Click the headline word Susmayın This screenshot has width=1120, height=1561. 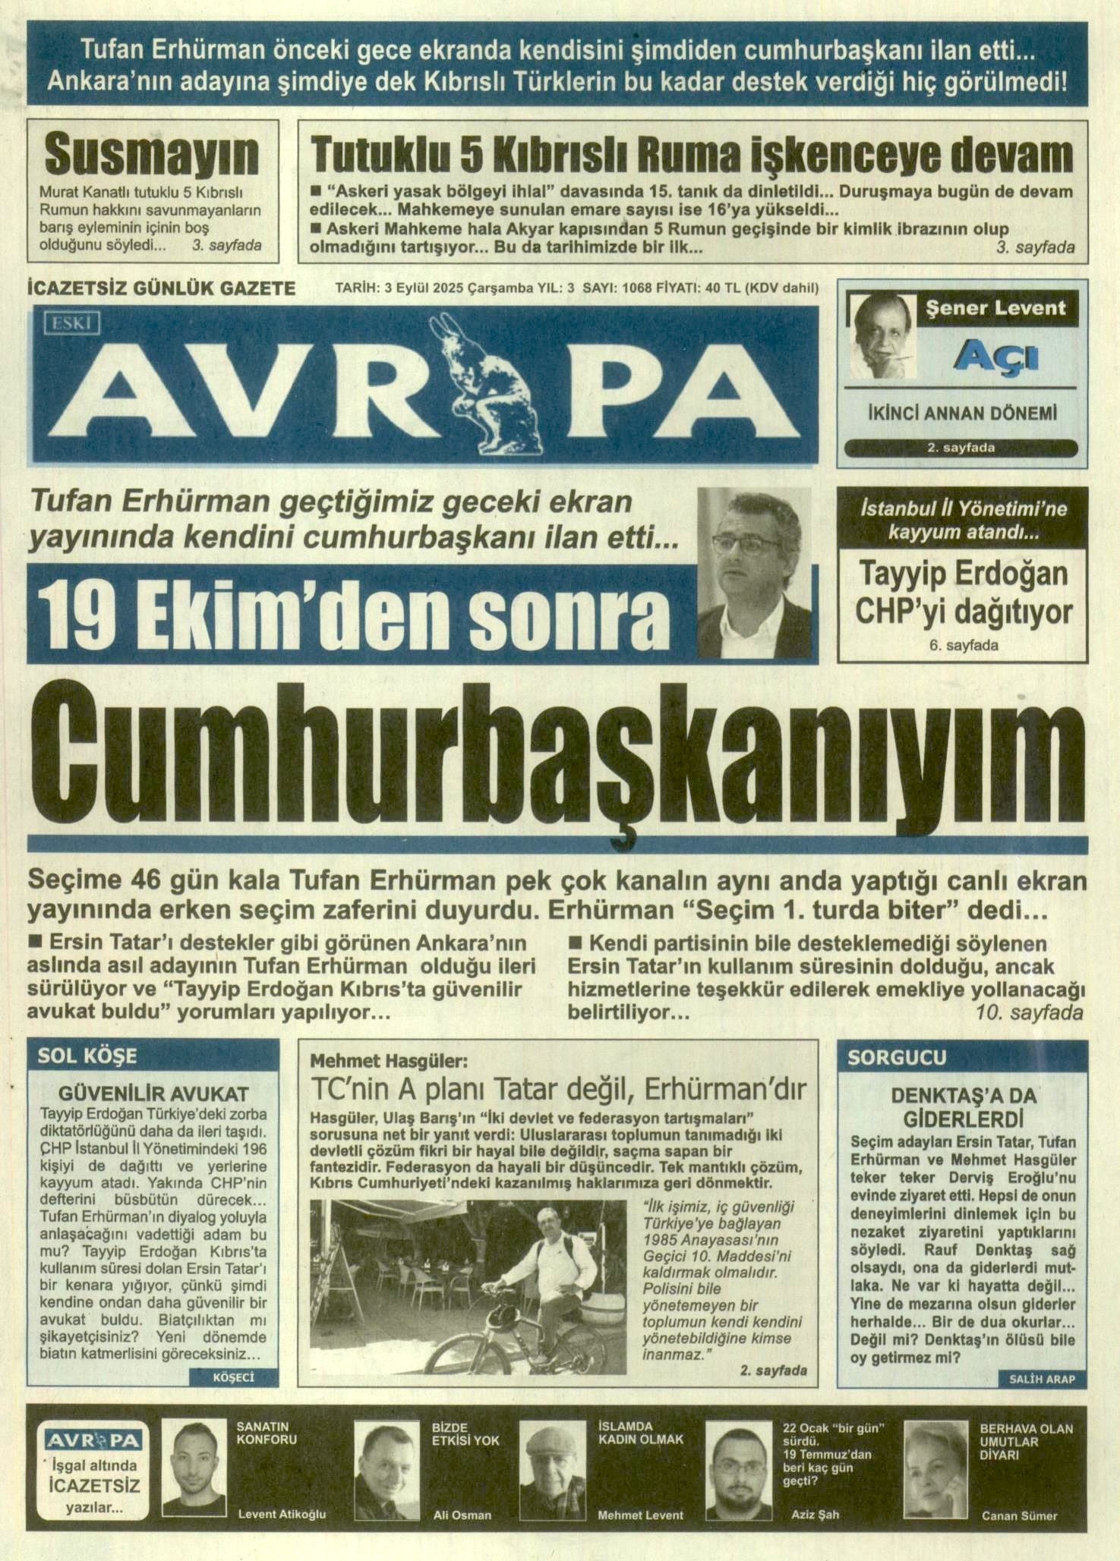click(152, 155)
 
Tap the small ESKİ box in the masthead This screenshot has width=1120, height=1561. click(72, 323)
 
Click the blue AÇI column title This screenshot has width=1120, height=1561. click(995, 354)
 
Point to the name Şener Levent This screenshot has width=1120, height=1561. click(995, 308)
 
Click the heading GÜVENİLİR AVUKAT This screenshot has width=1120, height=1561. click(153, 1094)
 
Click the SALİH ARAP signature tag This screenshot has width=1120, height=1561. click(1042, 1379)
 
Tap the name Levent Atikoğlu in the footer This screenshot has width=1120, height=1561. click(282, 1514)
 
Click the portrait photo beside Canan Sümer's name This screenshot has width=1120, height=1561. click(935, 1469)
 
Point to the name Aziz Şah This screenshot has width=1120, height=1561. click(815, 1514)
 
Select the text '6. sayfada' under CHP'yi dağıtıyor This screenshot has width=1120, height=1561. click(964, 645)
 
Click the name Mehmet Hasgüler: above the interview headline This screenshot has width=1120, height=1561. click(389, 1060)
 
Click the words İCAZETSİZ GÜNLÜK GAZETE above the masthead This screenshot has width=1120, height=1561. click(161, 288)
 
